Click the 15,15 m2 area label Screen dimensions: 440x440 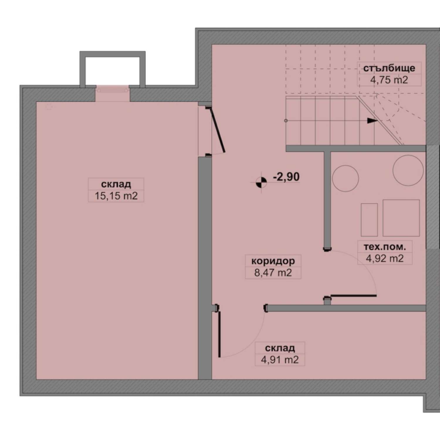[116, 196]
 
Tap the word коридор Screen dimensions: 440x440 [273, 261]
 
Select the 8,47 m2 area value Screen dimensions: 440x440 [273, 273]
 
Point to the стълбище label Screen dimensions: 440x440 [389, 68]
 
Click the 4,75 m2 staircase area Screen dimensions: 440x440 [389, 80]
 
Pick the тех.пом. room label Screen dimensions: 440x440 [385, 247]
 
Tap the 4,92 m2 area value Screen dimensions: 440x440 [385, 258]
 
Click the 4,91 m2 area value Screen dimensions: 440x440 [280, 360]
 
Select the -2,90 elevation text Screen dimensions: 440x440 [286, 177]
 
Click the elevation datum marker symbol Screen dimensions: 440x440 [261, 182]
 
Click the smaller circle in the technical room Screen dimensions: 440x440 [346, 178]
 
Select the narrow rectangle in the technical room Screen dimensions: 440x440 [369, 220]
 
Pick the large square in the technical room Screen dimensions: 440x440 [401, 218]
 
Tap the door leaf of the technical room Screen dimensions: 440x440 [353, 296]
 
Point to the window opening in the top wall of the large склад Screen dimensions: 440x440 [113, 89]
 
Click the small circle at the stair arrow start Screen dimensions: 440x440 [286, 121]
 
